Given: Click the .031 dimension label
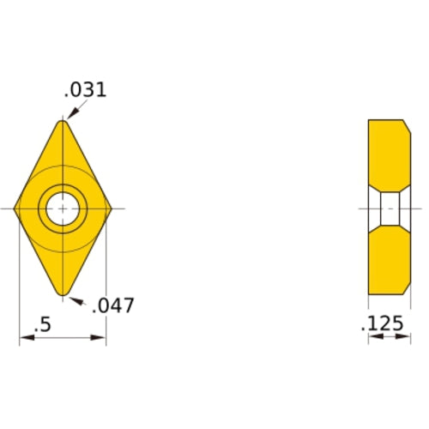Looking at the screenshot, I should pyautogui.click(x=86, y=89).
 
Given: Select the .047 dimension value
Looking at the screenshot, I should pyautogui.click(x=113, y=305).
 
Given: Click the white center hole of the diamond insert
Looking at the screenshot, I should pyautogui.click(x=62, y=208).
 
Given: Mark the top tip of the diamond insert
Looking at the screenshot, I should pyautogui.click(x=63, y=122).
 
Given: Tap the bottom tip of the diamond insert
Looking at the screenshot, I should pyautogui.click(x=63, y=295).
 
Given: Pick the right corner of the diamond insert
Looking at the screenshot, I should pyautogui.click(x=112, y=208).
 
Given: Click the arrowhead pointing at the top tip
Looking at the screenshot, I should pyautogui.click(x=70, y=114).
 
